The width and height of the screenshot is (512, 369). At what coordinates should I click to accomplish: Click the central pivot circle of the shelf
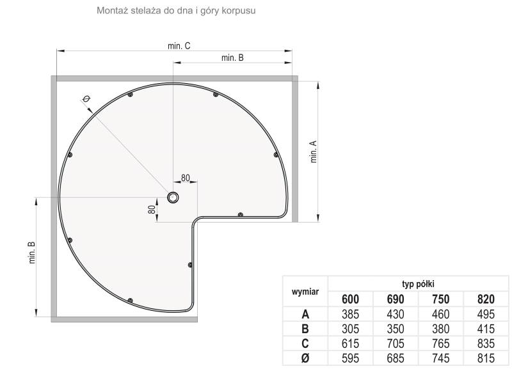[173, 197]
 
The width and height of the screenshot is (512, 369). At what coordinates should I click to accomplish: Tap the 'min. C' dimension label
[179, 46]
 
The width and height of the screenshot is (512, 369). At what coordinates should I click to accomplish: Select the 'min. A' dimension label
[314, 152]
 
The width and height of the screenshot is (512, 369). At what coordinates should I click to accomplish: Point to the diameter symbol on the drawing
[86, 98]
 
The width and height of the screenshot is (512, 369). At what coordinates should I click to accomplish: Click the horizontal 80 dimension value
[185, 178]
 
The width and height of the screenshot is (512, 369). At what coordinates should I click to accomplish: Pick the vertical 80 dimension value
[152, 209]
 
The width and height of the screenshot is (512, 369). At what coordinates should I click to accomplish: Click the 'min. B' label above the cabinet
[232, 58]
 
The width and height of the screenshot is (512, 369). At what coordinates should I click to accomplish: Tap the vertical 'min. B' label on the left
[31, 253]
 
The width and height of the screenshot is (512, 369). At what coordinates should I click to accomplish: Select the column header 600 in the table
[350, 299]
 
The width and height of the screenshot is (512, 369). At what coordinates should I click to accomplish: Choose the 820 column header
[486, 299]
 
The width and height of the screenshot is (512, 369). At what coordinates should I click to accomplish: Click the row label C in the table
[305, 343]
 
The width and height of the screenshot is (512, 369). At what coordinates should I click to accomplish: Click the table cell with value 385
[350, 314]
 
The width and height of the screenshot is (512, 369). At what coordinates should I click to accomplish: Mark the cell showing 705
[396, 343]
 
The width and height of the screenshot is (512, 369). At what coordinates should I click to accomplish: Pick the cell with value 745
[440, 358]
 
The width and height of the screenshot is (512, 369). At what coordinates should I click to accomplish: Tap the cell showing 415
[486, 329]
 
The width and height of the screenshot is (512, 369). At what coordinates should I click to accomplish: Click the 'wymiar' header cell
[305, 292]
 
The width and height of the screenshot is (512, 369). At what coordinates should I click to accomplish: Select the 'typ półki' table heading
[418, 284]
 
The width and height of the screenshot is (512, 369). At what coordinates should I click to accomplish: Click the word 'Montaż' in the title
[112, 10]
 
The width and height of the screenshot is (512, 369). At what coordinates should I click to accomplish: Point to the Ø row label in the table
[305, 358]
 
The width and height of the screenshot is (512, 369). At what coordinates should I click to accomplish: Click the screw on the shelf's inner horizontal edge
[241, 215]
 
